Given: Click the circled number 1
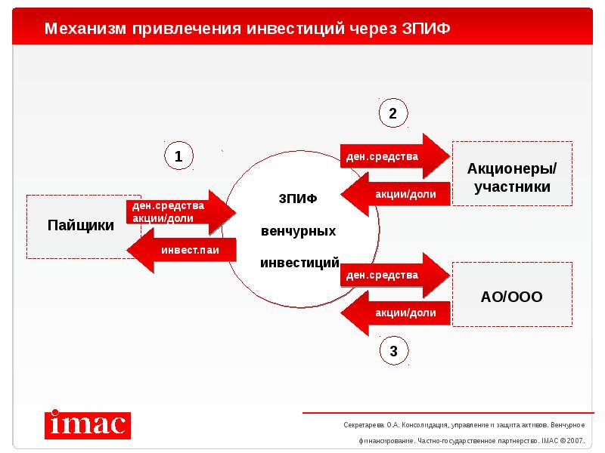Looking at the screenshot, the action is pos(179,157).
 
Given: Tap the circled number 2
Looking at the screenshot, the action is pos(392,114).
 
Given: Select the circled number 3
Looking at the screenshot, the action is pos(392,350).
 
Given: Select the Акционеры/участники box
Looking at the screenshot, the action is pos(512,177).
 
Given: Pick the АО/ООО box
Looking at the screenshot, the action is pos(512,296).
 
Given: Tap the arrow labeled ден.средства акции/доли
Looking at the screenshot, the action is pos(178,212).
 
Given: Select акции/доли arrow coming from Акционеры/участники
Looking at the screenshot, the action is pos(397,195).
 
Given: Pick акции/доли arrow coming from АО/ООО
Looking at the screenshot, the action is pos(397,313).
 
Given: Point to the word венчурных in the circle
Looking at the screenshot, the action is pos(298,230).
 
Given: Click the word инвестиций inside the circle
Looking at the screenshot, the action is pos(299,263).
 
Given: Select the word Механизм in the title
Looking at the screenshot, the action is pos(85,29).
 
